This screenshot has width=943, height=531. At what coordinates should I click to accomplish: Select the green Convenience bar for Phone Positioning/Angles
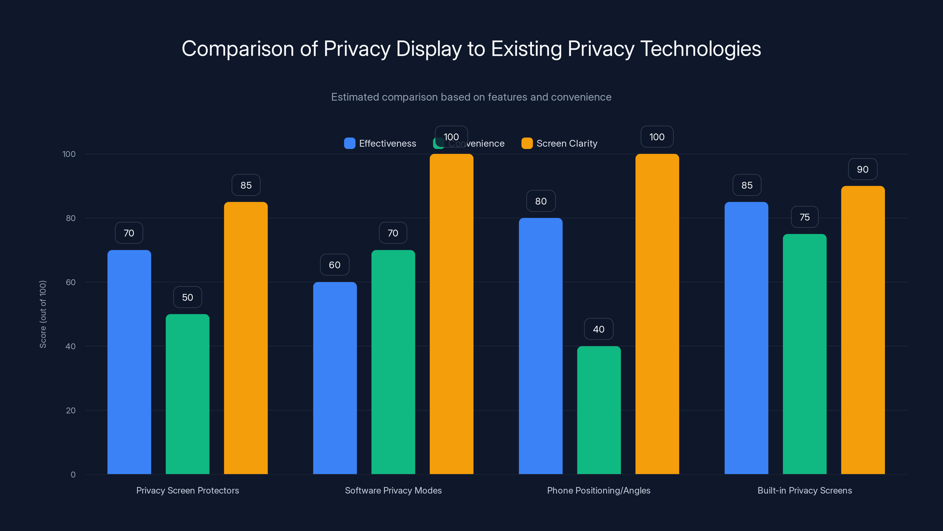tap(599, 410)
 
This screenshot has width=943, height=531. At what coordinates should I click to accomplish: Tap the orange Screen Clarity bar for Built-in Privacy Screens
tap(863, 330)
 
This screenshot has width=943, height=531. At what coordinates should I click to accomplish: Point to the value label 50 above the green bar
tap(187, 297)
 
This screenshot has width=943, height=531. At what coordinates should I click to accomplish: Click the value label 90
tap(863, 169)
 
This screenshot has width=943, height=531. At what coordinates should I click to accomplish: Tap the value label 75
tap(804, 217)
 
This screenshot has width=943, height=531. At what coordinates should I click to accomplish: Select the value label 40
tap(599, 329)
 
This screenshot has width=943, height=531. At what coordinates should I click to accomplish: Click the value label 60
tap(334, 265)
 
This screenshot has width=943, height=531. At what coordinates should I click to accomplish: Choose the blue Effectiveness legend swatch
tap(349, 143)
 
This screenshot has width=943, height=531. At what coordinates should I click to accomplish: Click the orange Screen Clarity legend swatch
tap(527, 143)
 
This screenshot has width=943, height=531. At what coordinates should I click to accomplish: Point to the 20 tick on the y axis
tap(71, 410)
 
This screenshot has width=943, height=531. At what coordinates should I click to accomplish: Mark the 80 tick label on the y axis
tap(71, 218)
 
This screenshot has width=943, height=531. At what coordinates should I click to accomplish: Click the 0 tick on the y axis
tap(73, 475)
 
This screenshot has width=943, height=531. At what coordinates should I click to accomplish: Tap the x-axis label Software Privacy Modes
tap(393, 490)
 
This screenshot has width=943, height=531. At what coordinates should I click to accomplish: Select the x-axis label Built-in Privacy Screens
tap(804, 490)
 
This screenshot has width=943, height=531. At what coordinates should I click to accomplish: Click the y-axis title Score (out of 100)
tap(43, 314)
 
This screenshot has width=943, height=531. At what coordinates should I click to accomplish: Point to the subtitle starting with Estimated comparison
tap(471, 97)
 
